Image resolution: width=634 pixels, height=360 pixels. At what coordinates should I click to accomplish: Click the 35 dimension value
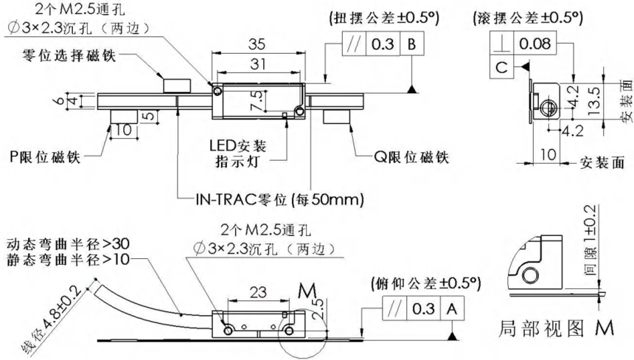[x=257, y=44]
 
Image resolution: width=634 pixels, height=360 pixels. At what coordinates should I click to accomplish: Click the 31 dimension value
[x=258, y=64]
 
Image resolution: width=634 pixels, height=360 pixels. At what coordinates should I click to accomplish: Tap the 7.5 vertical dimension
[x=257, y=100]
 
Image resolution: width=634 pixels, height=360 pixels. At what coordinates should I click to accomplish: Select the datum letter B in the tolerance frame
[x=411, y=44]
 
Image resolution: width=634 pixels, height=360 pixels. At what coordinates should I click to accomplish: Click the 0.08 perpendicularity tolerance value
[x=534, y=44]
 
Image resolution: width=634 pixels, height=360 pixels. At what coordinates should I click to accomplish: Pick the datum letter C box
[x=501, y=66]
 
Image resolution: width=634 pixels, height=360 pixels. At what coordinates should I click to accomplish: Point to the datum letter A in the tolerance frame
[x=452, y=309]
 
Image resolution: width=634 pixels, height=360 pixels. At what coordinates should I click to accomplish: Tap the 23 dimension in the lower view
[x=258, y=291]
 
